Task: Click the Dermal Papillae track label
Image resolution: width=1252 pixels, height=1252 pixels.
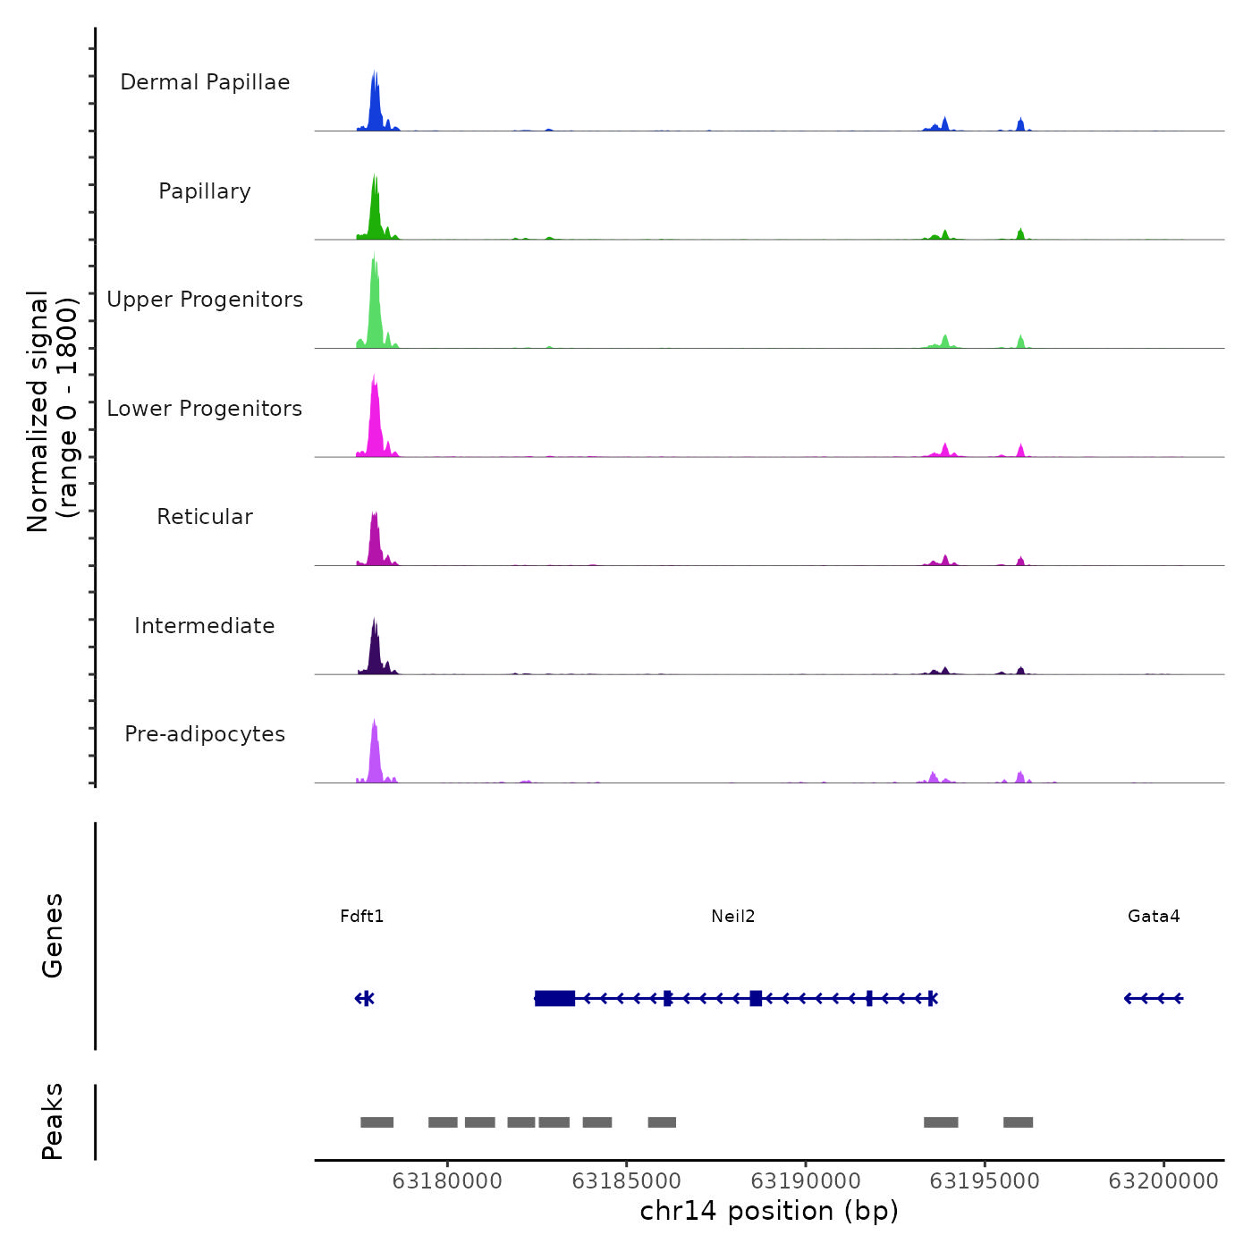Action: click(205, 82)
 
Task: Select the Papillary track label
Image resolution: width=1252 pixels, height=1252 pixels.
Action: click(205, 191)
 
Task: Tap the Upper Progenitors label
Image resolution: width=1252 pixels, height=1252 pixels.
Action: click(205, 300)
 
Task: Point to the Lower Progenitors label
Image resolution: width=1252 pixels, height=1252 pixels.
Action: click(205, 409)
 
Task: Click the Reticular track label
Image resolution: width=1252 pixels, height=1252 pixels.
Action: click(205, 517)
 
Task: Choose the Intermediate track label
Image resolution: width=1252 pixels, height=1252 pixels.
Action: click(205, 626)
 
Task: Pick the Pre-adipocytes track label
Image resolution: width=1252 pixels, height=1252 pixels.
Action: click(205, 734)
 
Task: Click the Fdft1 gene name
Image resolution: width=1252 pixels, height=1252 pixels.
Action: click(362, 916)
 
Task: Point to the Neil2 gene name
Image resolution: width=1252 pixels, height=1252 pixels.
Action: click(733, 916)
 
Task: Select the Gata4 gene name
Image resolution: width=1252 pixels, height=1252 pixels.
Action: click(1154, 916)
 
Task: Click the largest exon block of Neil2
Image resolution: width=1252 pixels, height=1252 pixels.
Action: click(554, 998)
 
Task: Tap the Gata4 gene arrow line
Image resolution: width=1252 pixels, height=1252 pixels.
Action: click(1154, 998)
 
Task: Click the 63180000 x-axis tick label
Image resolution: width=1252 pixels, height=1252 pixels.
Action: click(447, 1181)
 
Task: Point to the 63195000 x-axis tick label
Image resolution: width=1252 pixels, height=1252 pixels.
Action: click(985, 1181)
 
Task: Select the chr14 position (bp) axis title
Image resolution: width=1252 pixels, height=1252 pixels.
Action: click(769, 1211)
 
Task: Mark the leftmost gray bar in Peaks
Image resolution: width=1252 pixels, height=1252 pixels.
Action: click(376, 1122)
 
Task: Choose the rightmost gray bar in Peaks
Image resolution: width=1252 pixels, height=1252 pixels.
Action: click(1018, 1122)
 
